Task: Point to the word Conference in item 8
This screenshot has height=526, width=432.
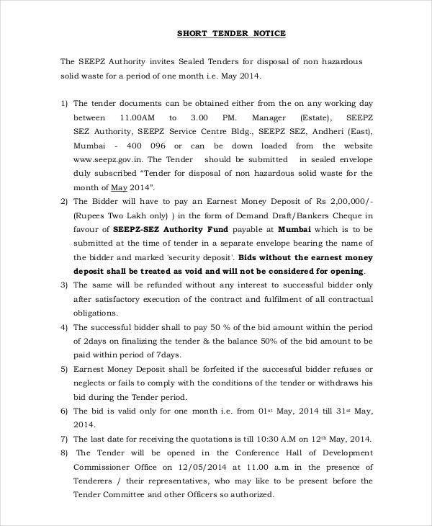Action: click(222, 453)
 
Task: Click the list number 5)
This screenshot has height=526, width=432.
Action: click(64, 369)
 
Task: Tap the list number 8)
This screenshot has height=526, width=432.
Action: click(64, 453)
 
